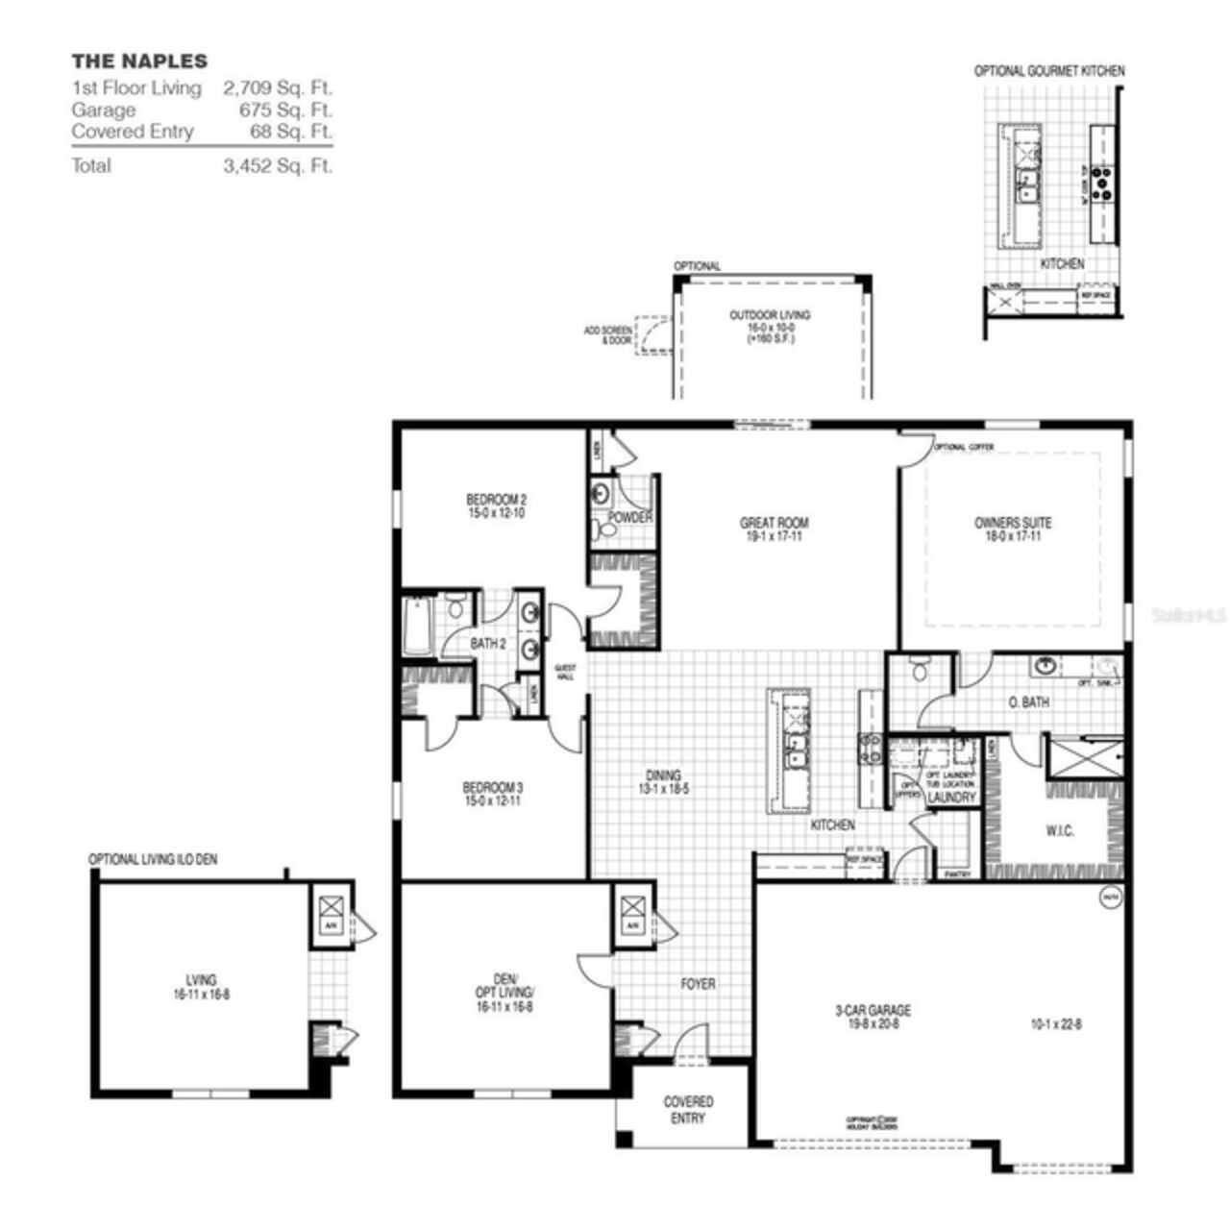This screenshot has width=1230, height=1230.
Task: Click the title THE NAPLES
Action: [139, 61]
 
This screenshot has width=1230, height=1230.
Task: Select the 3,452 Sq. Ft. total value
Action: [278, 165]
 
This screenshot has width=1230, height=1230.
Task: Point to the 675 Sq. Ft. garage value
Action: [286, 110]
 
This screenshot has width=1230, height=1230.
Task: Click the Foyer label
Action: [698, 984]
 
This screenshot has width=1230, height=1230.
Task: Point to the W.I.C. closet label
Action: [1059, 830]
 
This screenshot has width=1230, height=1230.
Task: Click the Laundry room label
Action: [951, 797]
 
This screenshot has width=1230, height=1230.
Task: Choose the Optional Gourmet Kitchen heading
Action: [1049, 71]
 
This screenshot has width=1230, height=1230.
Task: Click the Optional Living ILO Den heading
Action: [153, 859]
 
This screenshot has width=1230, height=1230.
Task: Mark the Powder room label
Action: [631, 518]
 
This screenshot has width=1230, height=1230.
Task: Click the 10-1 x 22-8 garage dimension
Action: [1055, 1023]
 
